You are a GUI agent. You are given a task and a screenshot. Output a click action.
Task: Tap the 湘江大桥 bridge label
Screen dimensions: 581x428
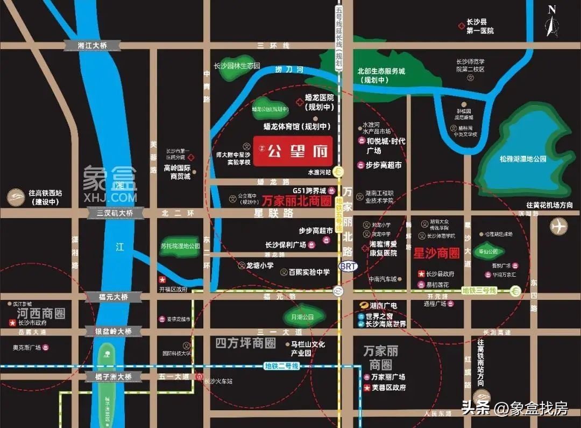pos(93,46)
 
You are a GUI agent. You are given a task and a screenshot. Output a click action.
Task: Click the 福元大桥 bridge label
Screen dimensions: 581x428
pos(113,297)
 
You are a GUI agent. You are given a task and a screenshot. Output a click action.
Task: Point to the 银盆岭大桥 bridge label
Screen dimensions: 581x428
pos(113,331)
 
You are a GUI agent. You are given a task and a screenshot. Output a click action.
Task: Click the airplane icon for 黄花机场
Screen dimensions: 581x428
pos(559,226)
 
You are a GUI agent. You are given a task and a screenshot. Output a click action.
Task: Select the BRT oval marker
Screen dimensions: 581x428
pos(348,266)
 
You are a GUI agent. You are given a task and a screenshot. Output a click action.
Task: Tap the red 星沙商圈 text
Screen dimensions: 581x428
pos(436,252)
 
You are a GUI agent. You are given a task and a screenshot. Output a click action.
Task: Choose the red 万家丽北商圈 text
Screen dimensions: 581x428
pos(296,201)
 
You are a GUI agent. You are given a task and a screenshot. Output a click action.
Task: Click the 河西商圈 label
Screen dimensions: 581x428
pos(40,313)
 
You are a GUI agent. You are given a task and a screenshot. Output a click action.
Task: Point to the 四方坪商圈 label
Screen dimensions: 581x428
pos(245,343)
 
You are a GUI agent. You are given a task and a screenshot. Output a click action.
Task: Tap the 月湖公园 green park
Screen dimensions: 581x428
pos(303,317)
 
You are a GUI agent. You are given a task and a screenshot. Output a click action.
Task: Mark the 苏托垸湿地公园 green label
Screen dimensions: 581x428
pos(180,246)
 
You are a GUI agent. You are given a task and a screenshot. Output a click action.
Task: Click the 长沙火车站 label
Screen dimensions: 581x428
pos(218,381)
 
